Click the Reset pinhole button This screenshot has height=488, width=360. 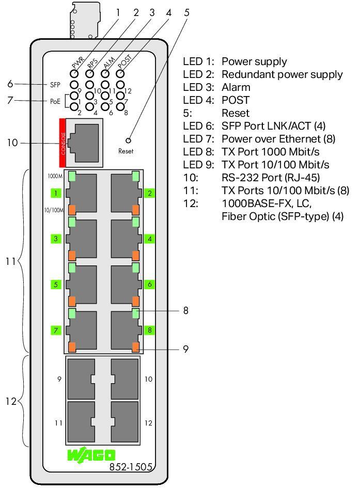(128, 140)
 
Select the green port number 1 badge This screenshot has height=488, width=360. (56, 193)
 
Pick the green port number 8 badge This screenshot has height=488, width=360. (149, 329)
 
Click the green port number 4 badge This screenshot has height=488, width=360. (149, 239)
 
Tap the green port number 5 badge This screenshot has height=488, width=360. (56, 284)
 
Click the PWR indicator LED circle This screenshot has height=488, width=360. (75, 73)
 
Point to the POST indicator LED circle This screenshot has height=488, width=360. (120, 73)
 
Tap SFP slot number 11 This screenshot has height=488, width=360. (81, 423)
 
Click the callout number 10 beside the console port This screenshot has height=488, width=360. (13, 143)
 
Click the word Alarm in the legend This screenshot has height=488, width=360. (236, 87)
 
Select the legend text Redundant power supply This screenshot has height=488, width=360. (282, 74)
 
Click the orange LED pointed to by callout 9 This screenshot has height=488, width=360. (135, 347)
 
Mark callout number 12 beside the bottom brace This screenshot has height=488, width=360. (11, 401)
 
